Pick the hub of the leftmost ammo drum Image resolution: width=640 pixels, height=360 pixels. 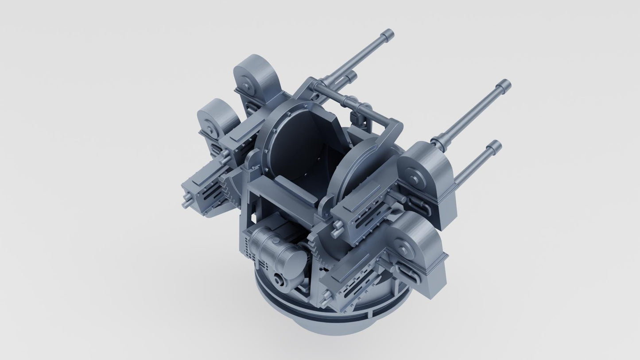coord(207,126)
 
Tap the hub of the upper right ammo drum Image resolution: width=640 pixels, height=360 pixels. coord(415,178)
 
